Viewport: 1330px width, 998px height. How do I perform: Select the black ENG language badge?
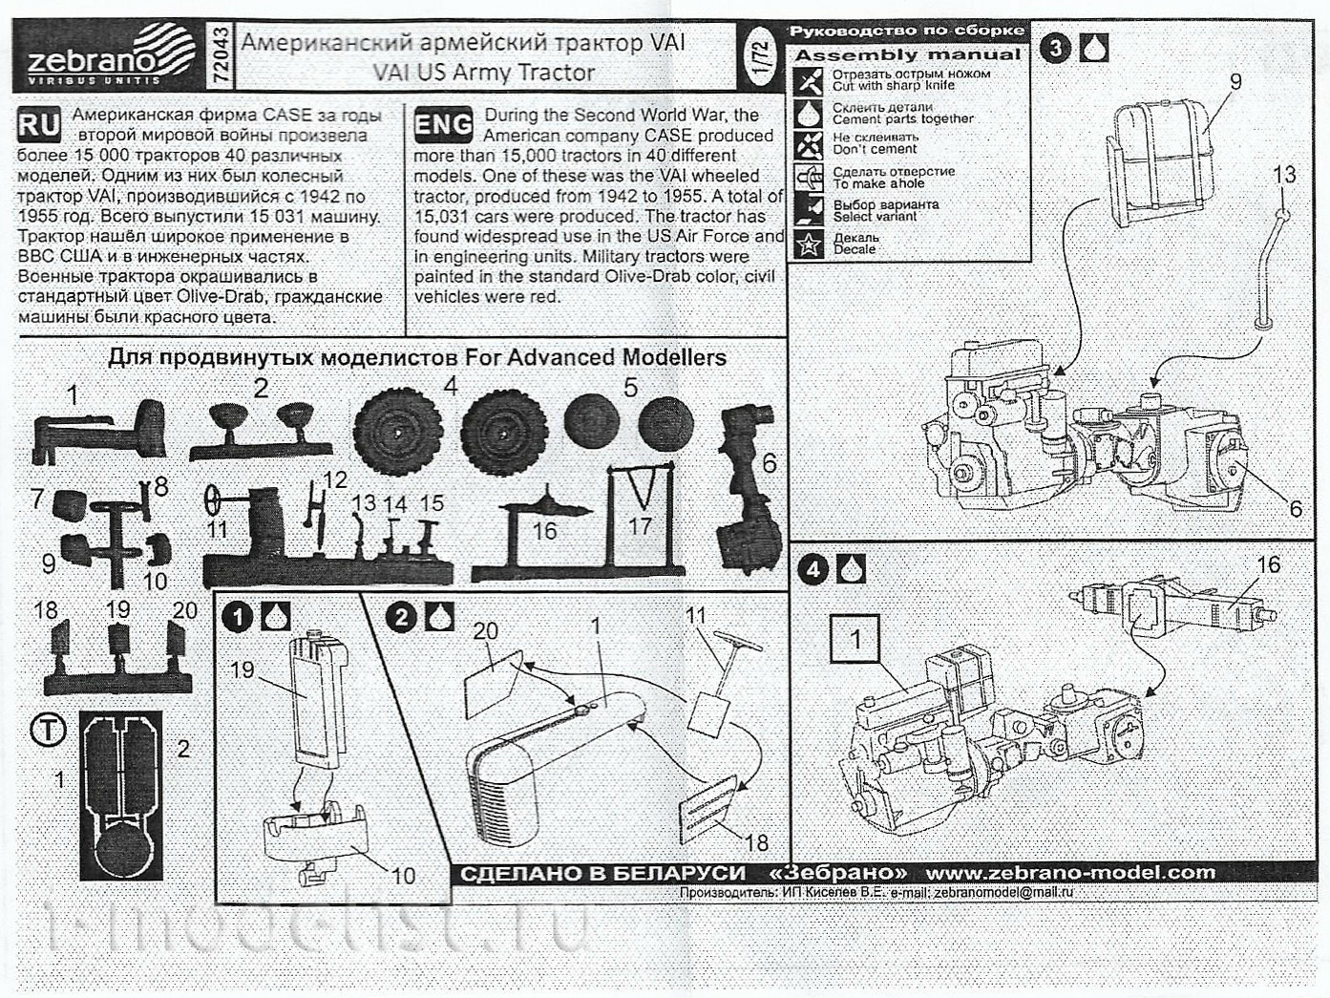[x=443, y=124]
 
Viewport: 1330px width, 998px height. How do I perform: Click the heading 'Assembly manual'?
[x=907, y=55]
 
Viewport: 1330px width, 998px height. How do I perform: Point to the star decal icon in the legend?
[x=810, y=243]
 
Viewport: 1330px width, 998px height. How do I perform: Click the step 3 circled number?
[x=1055, y=49]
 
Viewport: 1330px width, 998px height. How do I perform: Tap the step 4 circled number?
[x=813, y=570]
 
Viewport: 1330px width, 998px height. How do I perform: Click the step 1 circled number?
[x=239, y=617]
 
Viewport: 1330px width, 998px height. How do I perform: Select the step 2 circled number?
[x=402, y=617]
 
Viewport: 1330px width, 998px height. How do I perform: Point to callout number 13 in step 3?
[x=1284, y=175]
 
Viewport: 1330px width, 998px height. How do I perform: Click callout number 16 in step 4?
[x=1268, y=564]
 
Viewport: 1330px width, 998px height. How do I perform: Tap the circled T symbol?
[x=48, y=732]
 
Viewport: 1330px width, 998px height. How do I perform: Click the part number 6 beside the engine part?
[x=769, y=464]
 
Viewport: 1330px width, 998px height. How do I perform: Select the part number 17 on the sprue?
[x=640, y=525]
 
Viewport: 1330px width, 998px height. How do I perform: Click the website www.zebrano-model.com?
[x=1070, y=872]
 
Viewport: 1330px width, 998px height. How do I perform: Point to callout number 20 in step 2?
[x=486, y=631]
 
